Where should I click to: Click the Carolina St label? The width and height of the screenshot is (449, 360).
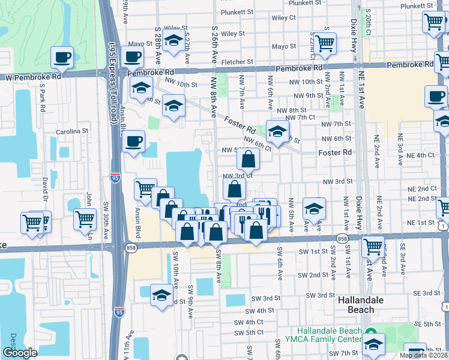click(72, 131)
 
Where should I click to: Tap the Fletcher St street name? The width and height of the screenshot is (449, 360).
click(237, 62)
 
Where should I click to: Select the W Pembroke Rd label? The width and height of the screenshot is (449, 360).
click(33, 77)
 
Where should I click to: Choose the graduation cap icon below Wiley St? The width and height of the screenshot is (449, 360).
click(173, 41)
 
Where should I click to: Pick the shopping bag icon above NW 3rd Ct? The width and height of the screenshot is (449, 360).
click(248, 159)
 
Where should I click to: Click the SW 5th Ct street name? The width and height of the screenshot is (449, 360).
click(249, 332)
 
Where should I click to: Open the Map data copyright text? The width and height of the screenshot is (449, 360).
click(424, 355)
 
